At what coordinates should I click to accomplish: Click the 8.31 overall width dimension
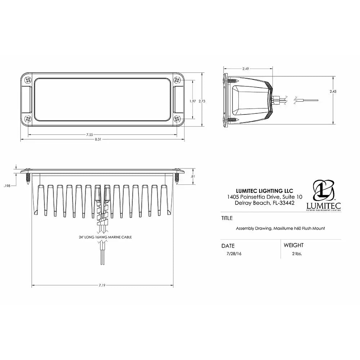(x=103, y=139)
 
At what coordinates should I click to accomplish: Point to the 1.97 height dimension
(x=192, y=102)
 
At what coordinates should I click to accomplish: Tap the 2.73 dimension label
(x=202, y=102)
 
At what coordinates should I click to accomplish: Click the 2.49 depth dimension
(x=246, y=68)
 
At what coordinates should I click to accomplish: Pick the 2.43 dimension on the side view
(x=333, y=92)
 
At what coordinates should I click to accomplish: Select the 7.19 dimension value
(x=103, y=285)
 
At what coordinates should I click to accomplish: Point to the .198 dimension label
(x=6, y=186)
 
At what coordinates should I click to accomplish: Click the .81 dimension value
(x=193, y=176)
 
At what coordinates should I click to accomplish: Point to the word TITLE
(x=226, y=218)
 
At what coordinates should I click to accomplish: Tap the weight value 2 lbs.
(x=297, y=253)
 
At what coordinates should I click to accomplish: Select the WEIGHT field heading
(x=293, y=245)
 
